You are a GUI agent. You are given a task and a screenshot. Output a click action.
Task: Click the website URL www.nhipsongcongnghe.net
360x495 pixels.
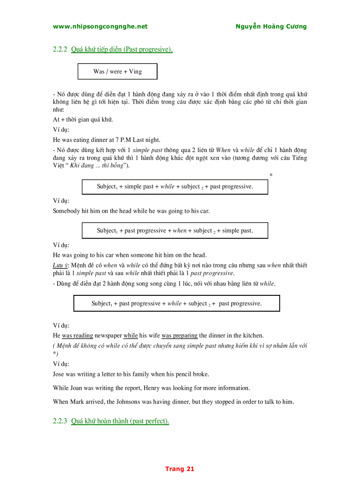tap(100, 26)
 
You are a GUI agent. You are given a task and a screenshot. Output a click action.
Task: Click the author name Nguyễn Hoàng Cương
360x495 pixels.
tap(271, 26)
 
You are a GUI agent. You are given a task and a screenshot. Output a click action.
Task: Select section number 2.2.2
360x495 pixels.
tap(60, 49)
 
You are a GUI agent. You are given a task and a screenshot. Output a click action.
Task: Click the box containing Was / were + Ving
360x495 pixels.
tap(117, 71)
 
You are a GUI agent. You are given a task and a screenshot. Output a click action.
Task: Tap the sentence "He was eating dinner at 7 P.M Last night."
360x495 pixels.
tap(106, 140)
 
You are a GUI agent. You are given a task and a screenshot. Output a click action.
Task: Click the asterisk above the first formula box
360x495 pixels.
tap(271, 175)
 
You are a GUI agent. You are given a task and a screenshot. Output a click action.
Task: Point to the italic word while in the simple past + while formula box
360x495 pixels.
tap(167, 186)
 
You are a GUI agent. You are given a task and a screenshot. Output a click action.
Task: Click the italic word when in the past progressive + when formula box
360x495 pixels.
tap(180, 231)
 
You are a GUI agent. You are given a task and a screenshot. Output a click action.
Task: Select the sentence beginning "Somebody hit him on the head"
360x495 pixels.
tap(131, 211)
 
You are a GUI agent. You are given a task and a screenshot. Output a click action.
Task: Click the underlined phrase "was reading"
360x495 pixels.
tap(77, 335)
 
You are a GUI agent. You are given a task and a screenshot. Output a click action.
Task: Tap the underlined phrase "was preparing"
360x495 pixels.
tap(180, 335)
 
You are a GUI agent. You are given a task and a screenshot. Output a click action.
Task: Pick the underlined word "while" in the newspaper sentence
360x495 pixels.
tap(131, 335)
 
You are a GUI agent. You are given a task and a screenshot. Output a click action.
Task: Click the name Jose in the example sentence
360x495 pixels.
tap(58, 374)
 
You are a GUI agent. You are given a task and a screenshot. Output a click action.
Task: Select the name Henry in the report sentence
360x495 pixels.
tap(152, 388)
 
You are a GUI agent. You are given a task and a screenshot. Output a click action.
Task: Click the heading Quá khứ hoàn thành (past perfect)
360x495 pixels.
tap(120, 421)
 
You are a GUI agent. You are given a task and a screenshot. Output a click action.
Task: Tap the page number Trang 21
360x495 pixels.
tap(180, 469)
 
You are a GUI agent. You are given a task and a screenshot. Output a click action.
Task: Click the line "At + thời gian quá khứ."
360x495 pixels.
tap(83, 119)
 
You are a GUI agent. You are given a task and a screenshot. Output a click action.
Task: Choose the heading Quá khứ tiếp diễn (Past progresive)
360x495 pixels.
tap(122, 49)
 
